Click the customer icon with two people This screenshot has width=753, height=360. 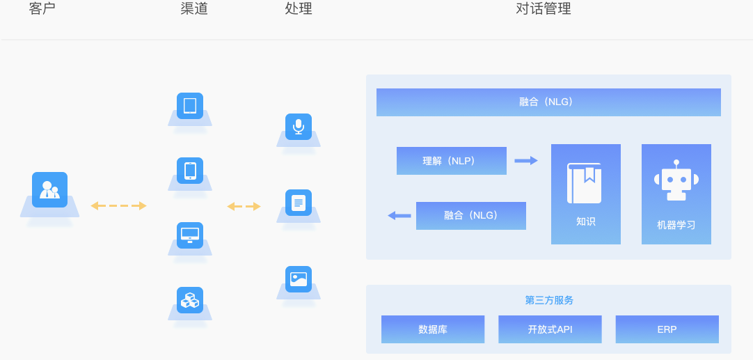tap(49, 189)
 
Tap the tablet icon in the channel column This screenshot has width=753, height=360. tap(190, 106)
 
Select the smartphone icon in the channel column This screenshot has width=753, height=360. tap(190, 170)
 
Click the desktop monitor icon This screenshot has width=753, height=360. tap(190, 235)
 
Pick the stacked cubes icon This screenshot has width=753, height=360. tap(190, 299)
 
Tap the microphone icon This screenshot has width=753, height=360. tap(299, 127)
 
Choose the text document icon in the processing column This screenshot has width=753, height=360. tap(299, 203)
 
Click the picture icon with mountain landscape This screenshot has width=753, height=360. tap(299, 279)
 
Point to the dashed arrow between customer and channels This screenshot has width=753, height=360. tap(118, 205)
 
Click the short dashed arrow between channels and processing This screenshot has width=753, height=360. tap(244, 206)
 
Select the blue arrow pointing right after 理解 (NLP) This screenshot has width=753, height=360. tap(526, 161)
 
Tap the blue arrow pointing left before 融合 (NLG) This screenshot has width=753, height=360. tap(399, 216)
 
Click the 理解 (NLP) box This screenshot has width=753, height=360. tap(451, 161)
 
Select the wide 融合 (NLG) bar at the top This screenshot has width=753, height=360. tap(548, 102)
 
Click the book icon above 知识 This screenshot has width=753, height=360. tap(584, 183)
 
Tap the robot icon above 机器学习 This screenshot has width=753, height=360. tap(676, 180)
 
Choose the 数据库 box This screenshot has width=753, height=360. tap(432, 329)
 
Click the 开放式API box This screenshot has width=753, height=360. tap(550, 329)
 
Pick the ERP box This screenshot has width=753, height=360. tap(667, 329)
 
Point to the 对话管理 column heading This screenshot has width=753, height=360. tap(543, 9)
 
